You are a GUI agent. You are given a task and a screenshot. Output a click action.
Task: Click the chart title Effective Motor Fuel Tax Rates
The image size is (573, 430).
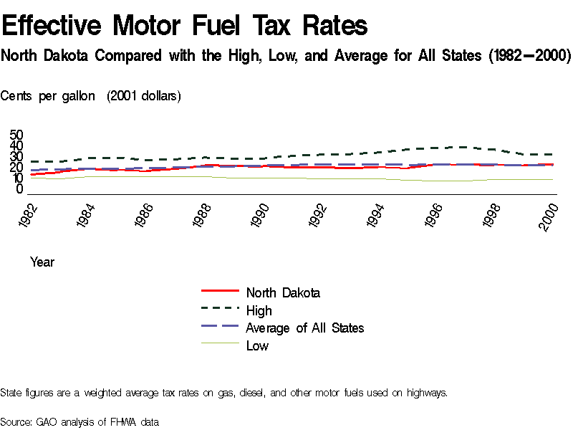[x=185, y=27]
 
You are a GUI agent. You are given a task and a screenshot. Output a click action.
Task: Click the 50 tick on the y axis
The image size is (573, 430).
[x=16, y=135]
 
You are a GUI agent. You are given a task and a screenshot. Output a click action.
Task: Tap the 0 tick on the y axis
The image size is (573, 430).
[x=20, y=189]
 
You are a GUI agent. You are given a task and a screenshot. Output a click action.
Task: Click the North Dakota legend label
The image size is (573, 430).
[x=283, y=292]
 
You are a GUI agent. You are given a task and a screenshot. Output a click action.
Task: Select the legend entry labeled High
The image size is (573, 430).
[x=259, y=310]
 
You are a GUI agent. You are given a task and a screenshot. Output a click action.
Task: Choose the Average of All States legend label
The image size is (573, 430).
[x=305, y=328]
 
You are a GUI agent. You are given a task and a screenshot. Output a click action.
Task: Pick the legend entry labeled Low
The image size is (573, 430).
[x=257, y=346]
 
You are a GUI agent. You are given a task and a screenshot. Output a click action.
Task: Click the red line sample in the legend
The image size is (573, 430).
[x=220, y=291]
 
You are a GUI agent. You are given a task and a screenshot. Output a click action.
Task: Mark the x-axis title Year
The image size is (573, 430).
[x=42, y=262]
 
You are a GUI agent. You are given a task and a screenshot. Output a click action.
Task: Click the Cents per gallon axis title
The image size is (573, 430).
[x=48, y=96]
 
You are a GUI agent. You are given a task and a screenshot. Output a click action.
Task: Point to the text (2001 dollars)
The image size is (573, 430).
[x=144, y=96]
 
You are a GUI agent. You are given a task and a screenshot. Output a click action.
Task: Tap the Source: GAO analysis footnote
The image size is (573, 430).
[x=79, y=421]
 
